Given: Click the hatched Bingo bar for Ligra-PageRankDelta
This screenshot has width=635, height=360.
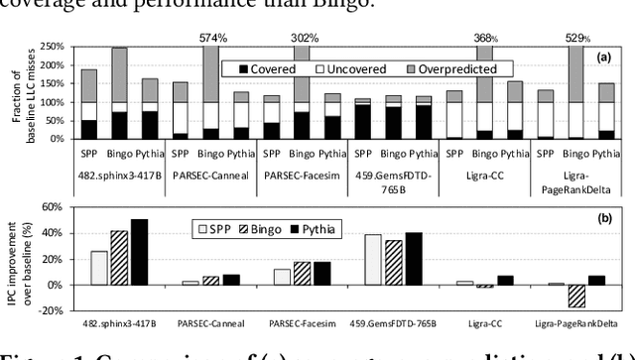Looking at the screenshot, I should click(576, 296).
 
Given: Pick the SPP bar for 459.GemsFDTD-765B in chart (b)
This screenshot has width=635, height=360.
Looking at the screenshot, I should click(373, 260).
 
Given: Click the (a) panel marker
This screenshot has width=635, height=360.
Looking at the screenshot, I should click(602, 58).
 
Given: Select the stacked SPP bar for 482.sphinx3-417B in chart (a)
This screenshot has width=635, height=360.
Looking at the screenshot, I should click(88, 104).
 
